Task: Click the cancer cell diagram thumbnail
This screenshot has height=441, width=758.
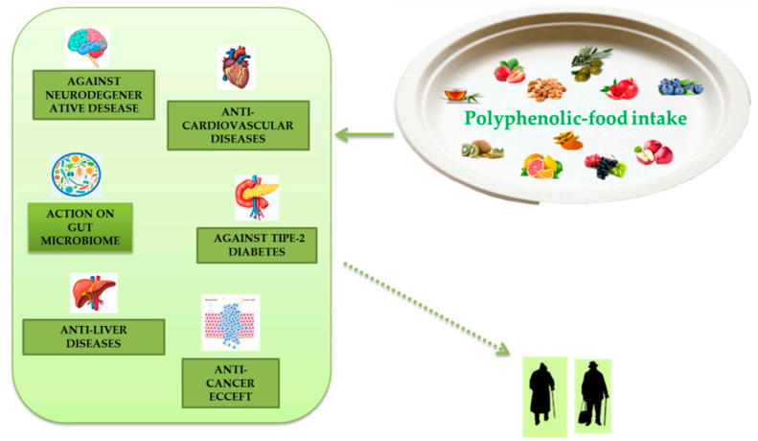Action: (230, 322)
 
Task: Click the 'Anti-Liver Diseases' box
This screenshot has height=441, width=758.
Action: (93, 336)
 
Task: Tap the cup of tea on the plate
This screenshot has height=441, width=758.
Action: (455, 96)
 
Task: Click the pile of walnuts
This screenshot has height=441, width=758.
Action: (546, 91)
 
